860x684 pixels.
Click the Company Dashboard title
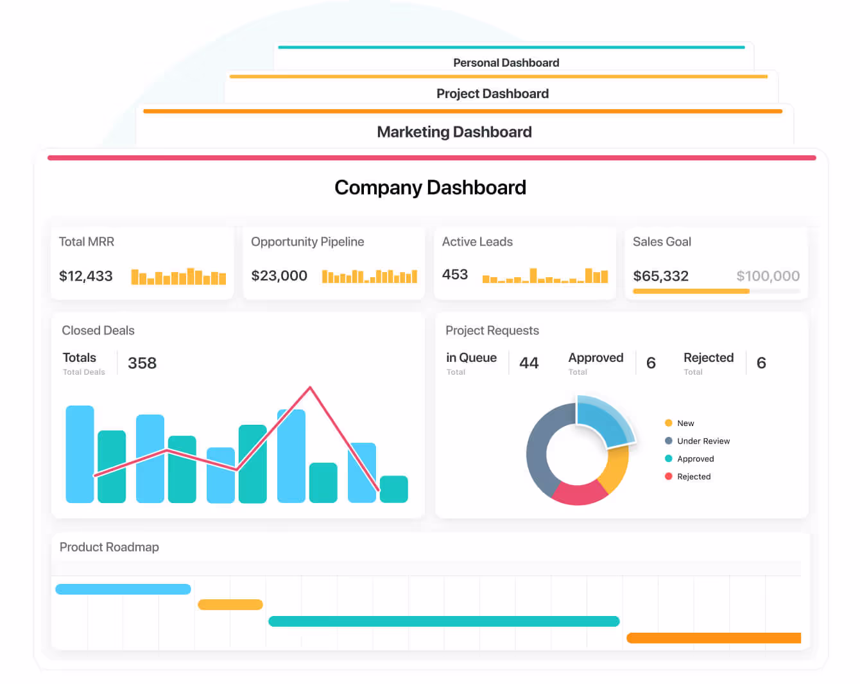pos(430,187)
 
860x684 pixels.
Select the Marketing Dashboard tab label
pos(454,132)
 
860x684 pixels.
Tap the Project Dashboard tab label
pos(492,94)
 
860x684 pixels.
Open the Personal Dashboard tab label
pos(506,63)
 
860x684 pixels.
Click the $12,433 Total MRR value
pos(85,276)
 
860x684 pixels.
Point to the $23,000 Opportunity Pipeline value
pos(279,276)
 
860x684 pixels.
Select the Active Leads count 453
pos(455,275)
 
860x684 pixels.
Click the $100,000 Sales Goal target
pos(768,276)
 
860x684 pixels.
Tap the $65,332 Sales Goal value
pos(660,276)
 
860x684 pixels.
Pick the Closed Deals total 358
pos(142,363)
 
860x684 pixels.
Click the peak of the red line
pos(311,387)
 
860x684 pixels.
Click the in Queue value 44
pos(529,363)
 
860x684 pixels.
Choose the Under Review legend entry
pos(703,441)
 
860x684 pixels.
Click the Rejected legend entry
pos(693,477)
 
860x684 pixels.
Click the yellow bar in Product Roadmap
pos(230,604)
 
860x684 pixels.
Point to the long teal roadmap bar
pos(443,621)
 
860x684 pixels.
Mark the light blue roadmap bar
pos(123,589)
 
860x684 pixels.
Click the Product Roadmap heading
pos(109,547)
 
